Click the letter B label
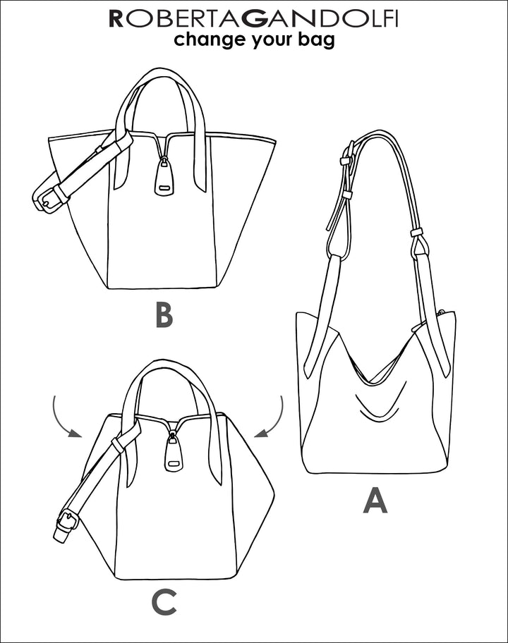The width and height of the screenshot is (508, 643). click(x=164, y=315)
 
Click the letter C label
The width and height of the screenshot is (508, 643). click(x=164, y=602)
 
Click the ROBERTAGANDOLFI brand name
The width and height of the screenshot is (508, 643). click(x=253, y=19)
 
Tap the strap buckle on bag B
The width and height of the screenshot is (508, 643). click(x=47, y=197)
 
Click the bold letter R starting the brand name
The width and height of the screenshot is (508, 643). click(x=116, y=19)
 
